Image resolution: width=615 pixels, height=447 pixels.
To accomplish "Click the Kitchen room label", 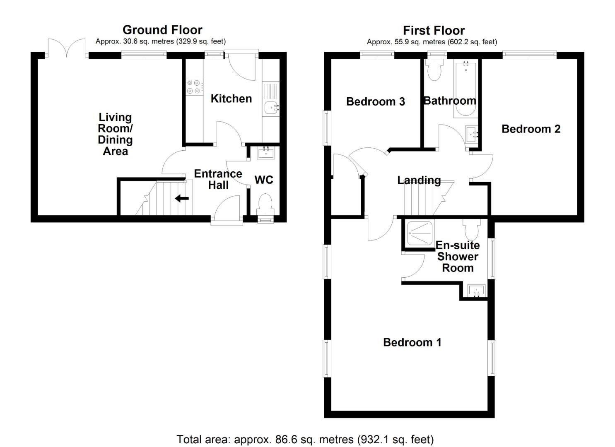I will (x=231, y=99).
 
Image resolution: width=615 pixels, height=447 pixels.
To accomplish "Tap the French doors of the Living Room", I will (x=66, y=49).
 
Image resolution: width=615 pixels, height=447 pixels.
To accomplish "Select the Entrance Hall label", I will (x=218, y=179).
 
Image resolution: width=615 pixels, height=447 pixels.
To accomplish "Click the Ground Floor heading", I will (x=162, y=30).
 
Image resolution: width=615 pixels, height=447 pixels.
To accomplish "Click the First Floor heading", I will (x=434, y=30).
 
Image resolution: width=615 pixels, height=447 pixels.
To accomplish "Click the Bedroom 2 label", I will (x=531, y=129).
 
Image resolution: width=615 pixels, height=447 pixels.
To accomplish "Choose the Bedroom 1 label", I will (x=412, y=342).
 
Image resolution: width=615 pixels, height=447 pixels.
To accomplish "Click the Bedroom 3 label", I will (x=375, y=101).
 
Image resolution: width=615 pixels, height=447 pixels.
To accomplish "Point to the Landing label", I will (x=419, y=180).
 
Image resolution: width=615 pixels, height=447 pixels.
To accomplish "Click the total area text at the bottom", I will (x=305, y=439).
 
